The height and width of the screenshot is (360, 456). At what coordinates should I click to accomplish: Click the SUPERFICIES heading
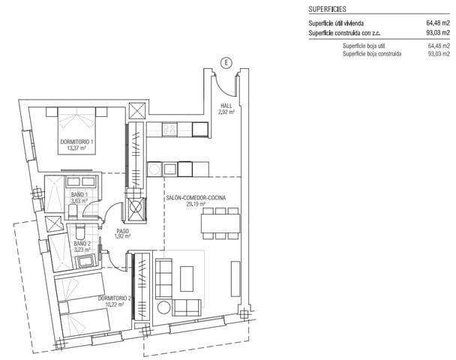tap(327, 10)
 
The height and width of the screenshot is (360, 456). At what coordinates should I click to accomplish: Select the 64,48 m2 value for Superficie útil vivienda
tap(438, 23)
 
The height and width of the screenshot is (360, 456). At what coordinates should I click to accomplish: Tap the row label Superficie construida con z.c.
tap(349, 33)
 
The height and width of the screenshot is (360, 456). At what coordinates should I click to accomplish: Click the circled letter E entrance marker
tap(223, 62)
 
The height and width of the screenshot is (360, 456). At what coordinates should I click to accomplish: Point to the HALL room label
tap(226, 106)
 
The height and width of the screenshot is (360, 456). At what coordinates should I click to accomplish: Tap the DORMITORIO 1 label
tap(77, 141)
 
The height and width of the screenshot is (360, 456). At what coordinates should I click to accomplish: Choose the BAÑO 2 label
tap(82, 243)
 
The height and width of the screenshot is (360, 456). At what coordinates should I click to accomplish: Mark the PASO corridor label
tap(122, 231)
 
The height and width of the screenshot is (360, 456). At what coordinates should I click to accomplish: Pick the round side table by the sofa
tap(163, 306)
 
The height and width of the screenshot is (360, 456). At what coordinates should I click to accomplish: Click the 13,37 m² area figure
tap(77, 148)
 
